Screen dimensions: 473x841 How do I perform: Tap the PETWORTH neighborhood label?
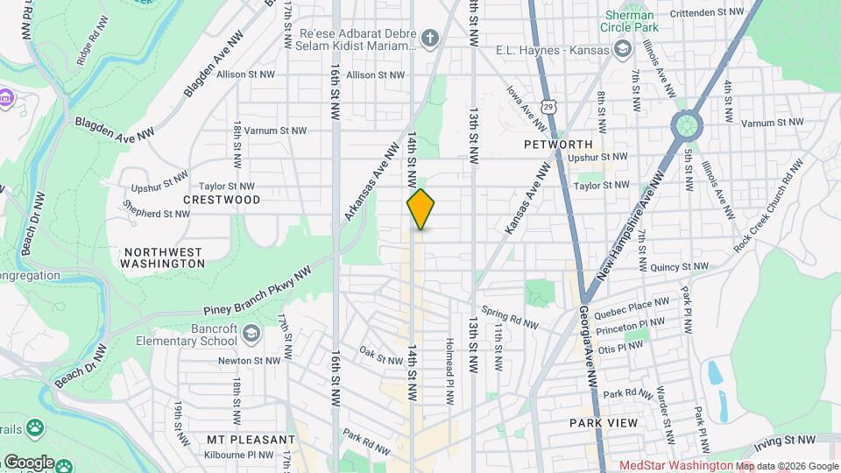(x=558, y=144)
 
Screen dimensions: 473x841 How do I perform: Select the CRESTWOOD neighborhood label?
(x=222, y=200)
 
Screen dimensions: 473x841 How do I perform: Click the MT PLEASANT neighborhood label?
(x=251, y=439)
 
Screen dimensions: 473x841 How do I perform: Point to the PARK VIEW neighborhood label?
(x=604, y=422)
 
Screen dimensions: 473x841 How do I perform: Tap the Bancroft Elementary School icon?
(x=251, y=333)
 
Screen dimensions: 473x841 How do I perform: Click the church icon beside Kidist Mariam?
(x=428, y=38)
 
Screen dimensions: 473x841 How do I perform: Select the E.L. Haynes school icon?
(x=623, y=50)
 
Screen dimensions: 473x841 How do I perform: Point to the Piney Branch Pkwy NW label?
(x=258, y=292)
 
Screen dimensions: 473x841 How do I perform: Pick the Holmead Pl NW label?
(x=449, y=371)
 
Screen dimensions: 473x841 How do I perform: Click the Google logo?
(x=28, y=462)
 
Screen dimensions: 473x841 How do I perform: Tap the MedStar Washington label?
(x=675, y=466)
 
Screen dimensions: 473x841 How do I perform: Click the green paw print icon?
(x=35, y=428)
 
